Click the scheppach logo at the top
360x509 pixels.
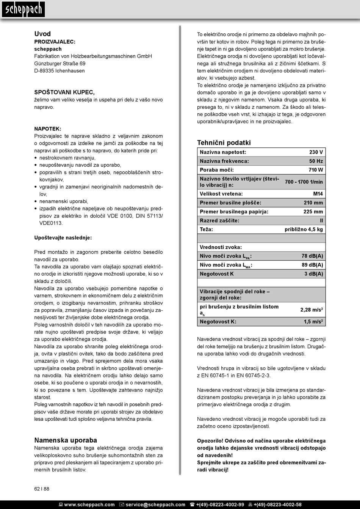(x=23, y=9)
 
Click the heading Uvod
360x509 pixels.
(x=42, y=34)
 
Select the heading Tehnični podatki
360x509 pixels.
(x=224, y=143)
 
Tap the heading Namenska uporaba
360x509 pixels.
(x=66, y=440)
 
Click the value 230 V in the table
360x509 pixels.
(x=316, y=152)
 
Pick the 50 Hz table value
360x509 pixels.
(x=316, y=161)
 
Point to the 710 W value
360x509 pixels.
(x=316, y=170)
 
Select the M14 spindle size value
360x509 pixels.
(x=318, y=194)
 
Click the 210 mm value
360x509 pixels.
(x=313, y=203)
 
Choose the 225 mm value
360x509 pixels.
(x=313, y=211)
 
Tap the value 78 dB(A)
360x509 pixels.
(x=312, y=256)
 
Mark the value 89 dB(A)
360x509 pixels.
(x=312, y=265)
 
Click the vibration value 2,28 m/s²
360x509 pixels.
(x=311, y=310)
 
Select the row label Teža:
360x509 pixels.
(x=206, y=229)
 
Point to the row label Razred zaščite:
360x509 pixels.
(x=219, y=221)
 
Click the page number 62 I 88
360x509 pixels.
(x=42, y=489)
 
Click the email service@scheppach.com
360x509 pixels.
(x=155, y=504)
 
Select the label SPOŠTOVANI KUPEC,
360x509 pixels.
(x=64, y=92)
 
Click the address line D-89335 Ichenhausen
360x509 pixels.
(x=59, y=70)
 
